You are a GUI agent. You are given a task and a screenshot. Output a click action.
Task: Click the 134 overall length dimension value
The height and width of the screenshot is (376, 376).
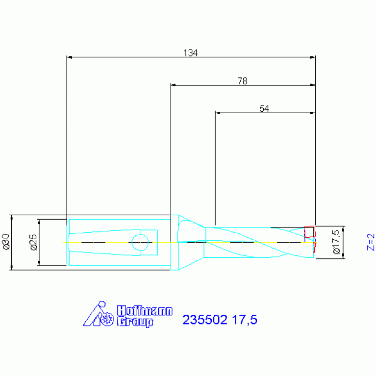coord(190,53)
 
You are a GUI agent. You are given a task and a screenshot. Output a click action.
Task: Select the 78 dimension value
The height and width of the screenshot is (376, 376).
coord(243,81)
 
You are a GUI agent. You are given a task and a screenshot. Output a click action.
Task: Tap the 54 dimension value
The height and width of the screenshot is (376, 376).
coord(264,109)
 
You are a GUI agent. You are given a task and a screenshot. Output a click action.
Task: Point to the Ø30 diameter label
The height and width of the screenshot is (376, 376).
coord(6,242)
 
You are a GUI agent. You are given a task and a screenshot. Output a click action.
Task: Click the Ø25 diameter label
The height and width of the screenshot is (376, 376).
coord(34,243)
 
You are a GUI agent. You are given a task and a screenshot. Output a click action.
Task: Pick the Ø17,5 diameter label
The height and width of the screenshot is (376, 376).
coord(336,242)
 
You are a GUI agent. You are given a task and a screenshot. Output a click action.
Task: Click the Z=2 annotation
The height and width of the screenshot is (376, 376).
coord(371,242)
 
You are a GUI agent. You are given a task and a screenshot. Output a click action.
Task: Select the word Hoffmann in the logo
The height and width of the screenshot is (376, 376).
coord(145,311)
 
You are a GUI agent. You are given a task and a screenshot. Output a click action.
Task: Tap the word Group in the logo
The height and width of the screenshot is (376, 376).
coord(135,322)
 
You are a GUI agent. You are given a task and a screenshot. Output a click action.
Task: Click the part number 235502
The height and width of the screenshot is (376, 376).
coord(205,320)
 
